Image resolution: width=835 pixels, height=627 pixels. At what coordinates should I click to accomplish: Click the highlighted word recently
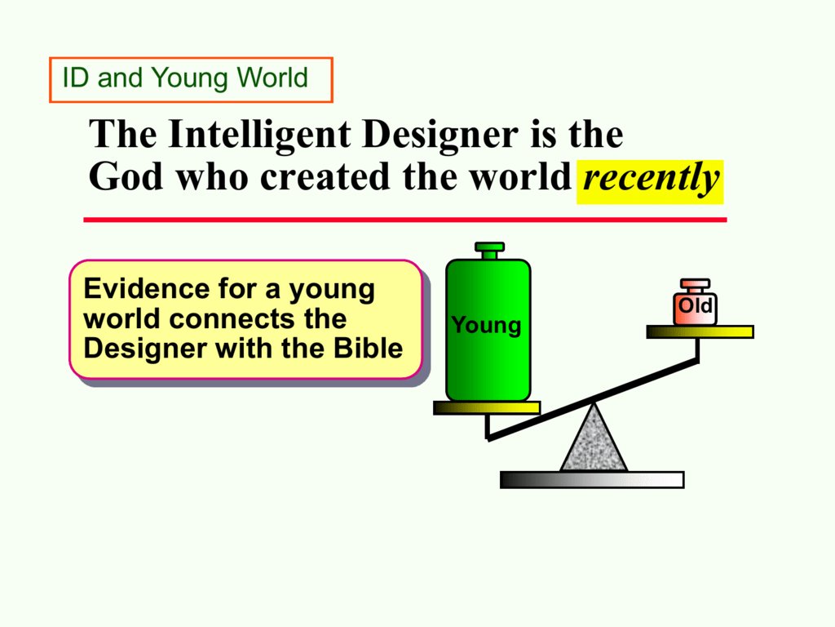[x=650, y=179]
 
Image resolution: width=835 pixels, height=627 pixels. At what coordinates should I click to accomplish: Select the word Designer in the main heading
[x=440, y=134]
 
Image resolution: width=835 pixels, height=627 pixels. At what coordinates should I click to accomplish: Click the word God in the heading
[x=126, y=176]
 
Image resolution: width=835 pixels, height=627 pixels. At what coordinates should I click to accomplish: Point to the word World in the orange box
[x=272, y=78]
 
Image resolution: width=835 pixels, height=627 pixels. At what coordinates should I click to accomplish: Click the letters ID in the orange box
[x=76, y=78]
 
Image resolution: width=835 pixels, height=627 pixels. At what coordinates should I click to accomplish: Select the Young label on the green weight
[x=486, y=325]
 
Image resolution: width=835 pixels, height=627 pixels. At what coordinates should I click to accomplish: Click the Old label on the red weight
[x=695, y=306]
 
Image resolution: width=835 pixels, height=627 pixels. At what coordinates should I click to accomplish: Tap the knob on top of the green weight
[x=489, y=251]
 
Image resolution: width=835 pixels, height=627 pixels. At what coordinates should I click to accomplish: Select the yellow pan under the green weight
[x=487, y=408]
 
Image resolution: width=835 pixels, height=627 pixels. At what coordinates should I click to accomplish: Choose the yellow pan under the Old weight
[x=700, y=331]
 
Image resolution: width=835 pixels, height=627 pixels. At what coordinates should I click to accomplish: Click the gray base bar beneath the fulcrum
[x=592, y=480]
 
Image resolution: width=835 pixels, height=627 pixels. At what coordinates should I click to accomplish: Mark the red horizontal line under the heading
[x=405, y=220]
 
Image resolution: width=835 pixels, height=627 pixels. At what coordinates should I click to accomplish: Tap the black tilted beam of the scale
[x=593, y=400]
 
